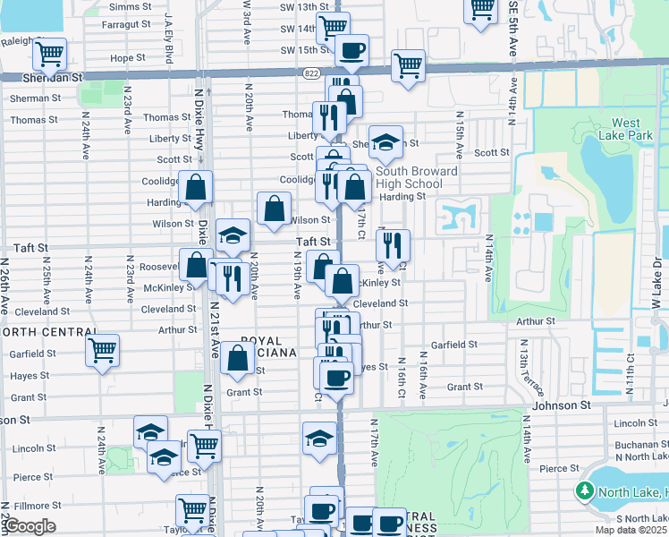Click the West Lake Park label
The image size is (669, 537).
[x=626, y=129]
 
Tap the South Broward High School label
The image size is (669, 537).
[x=417, y=177]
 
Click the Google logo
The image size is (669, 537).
[x=29, y=526]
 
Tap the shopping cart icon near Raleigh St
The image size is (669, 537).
[x=49, y=54]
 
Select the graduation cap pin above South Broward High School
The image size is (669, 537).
[x=385, y=141]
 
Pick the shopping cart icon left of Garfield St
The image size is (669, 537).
[x=102, y=349]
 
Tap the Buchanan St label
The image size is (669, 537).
[x=635, y=445]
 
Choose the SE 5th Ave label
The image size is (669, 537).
[x=513, y=31]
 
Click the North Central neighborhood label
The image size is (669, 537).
[x=48, y=332]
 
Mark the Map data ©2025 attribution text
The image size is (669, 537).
[x=631, y=530]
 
